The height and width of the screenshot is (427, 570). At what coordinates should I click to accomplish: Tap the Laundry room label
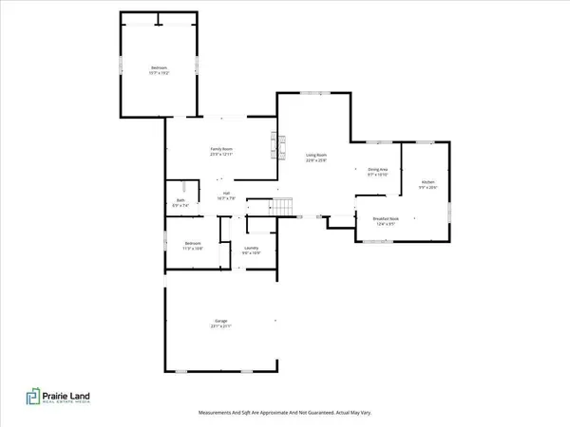251,249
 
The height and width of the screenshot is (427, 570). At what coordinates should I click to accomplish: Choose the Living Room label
316,156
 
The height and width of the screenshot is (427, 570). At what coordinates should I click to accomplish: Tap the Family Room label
221,150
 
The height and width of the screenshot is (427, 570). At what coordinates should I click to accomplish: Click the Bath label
180,201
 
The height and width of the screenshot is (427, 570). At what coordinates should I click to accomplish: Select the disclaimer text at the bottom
284,413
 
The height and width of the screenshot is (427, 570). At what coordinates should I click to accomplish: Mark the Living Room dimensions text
316,160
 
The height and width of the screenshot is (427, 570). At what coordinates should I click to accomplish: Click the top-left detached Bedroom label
158,68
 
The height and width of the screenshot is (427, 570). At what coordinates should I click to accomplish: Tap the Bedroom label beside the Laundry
194,244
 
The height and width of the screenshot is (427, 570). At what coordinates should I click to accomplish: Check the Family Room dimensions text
221,154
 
